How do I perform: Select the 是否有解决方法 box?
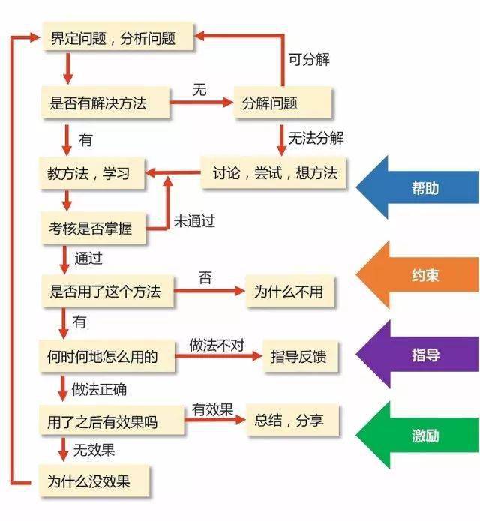pyautogui.click(x=105, y=103)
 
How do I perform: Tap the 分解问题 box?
pyautogui.click(x=281, y=103)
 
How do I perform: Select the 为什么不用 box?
pyautogui.click(x=289, y=291)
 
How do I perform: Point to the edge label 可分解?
pyautogui.click(x=309, y=59)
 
